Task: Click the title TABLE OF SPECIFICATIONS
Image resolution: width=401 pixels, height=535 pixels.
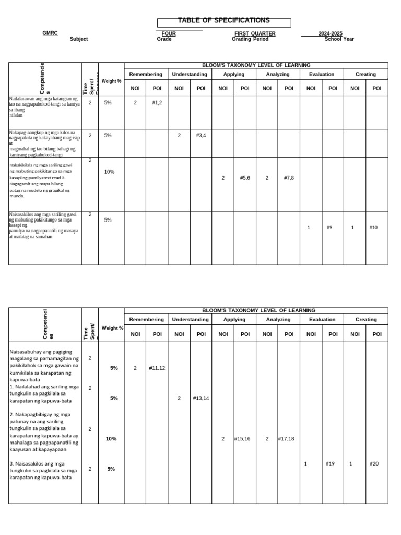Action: [x=223, y=20]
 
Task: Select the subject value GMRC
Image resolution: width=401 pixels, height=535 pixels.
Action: [x=50, y=33]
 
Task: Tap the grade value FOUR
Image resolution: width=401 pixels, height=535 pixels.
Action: [x=169, y=33]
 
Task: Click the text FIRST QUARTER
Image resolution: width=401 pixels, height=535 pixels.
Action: [x=255, y=33]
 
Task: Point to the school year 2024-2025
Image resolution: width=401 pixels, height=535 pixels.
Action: [x=331, y=33]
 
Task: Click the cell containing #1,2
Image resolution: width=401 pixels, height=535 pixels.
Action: [x=157, y=103]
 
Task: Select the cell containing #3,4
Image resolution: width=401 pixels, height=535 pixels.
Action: [x=201, y=135]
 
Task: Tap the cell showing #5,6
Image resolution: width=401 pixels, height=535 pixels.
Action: [x=245, y=178]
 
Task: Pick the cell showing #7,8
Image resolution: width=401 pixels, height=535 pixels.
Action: [x=289, y=178]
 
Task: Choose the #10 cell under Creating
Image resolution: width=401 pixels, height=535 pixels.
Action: [x=373, y=227]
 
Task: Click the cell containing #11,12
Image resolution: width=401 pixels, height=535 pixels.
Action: [x=157, y=368]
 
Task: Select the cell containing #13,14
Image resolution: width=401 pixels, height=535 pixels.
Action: [x=201, y=398]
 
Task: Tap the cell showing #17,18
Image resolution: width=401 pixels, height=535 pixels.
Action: [x=286, y=439]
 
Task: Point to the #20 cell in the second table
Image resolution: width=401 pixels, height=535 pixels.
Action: [x=374, y=463]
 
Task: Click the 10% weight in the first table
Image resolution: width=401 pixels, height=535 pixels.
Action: [x=109, y=172]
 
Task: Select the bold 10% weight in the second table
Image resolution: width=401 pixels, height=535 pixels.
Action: [x=111, y=439]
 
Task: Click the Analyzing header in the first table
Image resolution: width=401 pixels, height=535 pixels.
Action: [x=278, y=74]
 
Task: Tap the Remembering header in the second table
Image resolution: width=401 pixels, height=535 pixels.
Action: [x=146, y=319]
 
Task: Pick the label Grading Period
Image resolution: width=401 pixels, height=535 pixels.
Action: [x=250, y=39]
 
